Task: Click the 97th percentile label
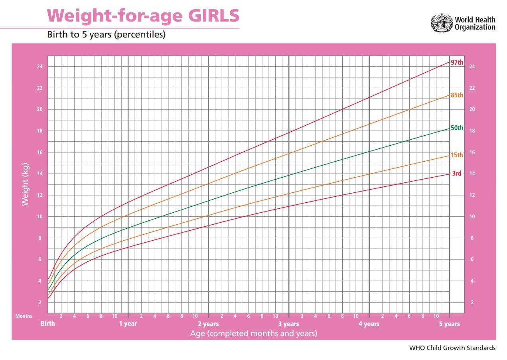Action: [457, 63]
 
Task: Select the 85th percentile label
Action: [457, 95]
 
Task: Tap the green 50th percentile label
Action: [457, 128]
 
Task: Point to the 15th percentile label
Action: [457, 155]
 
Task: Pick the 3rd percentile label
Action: [456, 174]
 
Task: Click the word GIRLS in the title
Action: [213, 16]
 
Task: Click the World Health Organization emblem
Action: [441, 23]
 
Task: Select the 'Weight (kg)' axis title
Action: [26, 184]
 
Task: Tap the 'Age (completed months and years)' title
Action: [254, 333]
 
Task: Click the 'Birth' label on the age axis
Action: [48, 324]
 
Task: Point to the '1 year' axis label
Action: [128, 324]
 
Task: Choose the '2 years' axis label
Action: [208, 324]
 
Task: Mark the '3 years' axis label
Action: [288, 324]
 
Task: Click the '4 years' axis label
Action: [369, 324]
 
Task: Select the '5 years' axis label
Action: [449, 324]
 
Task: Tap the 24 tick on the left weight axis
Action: [40, 67]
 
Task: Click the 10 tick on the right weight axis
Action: [472, 217]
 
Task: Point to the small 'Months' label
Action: [24, 316]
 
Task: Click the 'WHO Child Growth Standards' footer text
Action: [452, 348]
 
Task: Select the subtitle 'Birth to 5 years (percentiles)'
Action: [106, 35]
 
